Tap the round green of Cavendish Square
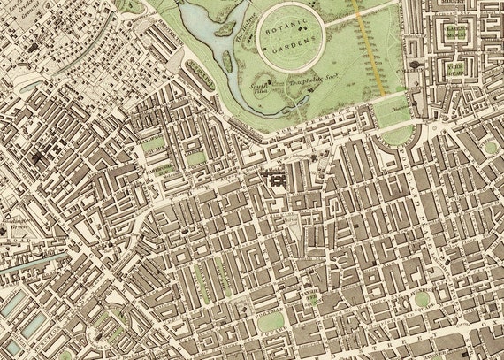[422, 298]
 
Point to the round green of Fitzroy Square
[489, 147]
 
